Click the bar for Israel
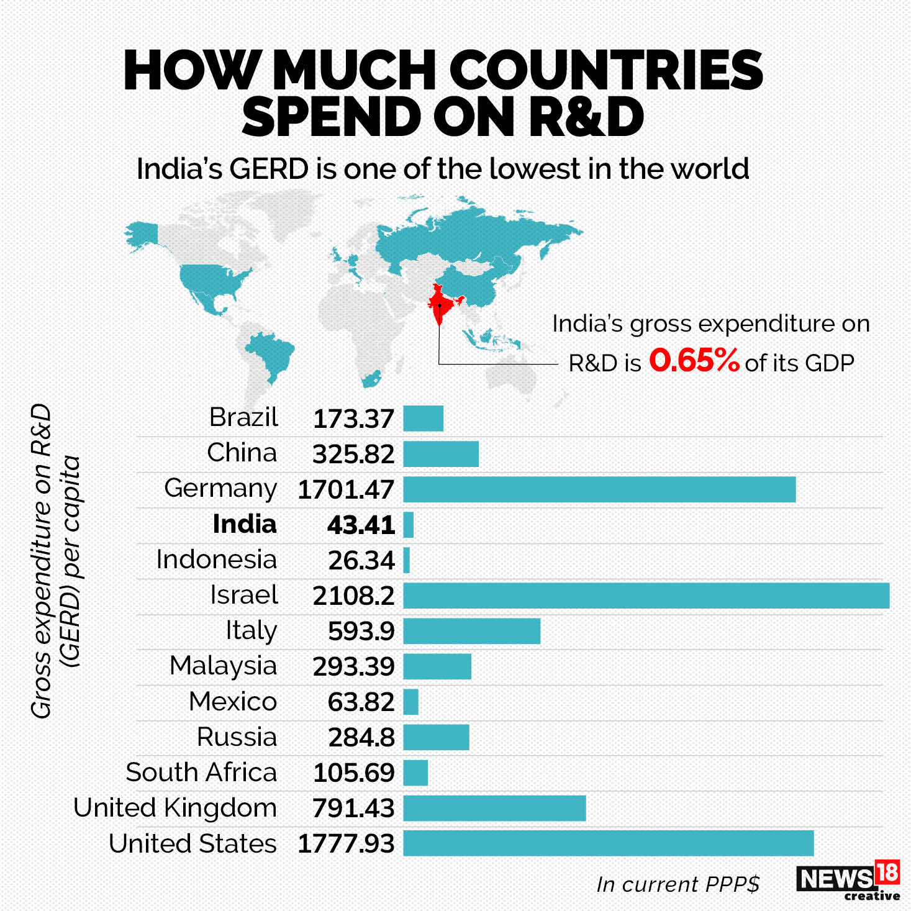[646, 596]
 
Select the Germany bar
[599, 489]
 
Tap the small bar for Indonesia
[407, 560]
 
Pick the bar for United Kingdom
[494, 809]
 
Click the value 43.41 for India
[361, 525]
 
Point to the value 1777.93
[346, 844]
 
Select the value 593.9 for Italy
[361, 632]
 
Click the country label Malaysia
[223, 666]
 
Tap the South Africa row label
[201, 773]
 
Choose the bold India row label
[244, 524]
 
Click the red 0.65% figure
[694, 360]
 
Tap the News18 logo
[848, 879]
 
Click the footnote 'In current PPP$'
[678, 884]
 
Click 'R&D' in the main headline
[586, 117]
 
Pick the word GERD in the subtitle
[268, 169]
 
